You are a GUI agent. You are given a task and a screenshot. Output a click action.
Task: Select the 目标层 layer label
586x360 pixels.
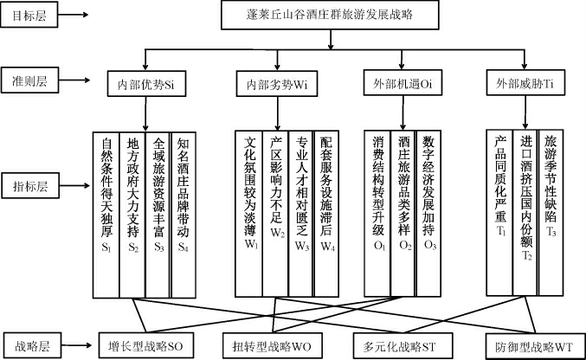(29, 16)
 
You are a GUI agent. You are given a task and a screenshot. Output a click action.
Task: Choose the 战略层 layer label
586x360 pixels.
(29, 344)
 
